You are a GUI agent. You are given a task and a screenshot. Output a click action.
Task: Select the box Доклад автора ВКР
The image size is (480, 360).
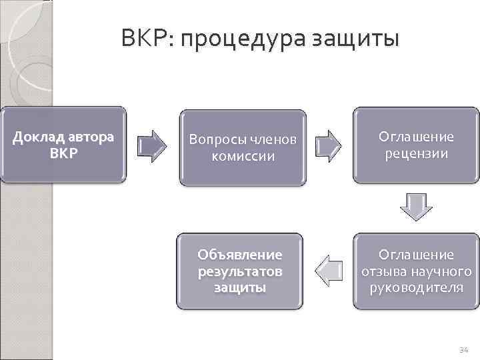click(63, 145)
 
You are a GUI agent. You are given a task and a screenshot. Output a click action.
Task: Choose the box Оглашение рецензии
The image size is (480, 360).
click(416, 145)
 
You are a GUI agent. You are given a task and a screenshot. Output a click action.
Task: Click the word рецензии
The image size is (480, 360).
click(416, 154)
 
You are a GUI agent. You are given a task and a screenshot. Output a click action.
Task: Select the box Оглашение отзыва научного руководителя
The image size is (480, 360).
click(416, 271)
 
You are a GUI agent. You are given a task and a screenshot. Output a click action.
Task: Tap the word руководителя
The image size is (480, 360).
click(416, 287)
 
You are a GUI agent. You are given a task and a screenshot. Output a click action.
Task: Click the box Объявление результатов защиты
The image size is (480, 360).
click(239, 271)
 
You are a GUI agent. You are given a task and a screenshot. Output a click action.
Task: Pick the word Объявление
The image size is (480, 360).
click(239, 255)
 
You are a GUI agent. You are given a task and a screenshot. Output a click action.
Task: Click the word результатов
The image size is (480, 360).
click(239, 271)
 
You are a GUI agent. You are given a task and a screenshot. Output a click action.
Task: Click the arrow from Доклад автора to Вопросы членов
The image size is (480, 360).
click(153, 144)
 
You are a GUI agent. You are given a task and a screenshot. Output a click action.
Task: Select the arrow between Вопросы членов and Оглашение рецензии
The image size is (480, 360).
click(329, 144)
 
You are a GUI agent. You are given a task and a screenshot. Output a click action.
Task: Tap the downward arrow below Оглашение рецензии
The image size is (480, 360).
click(416, 207)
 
